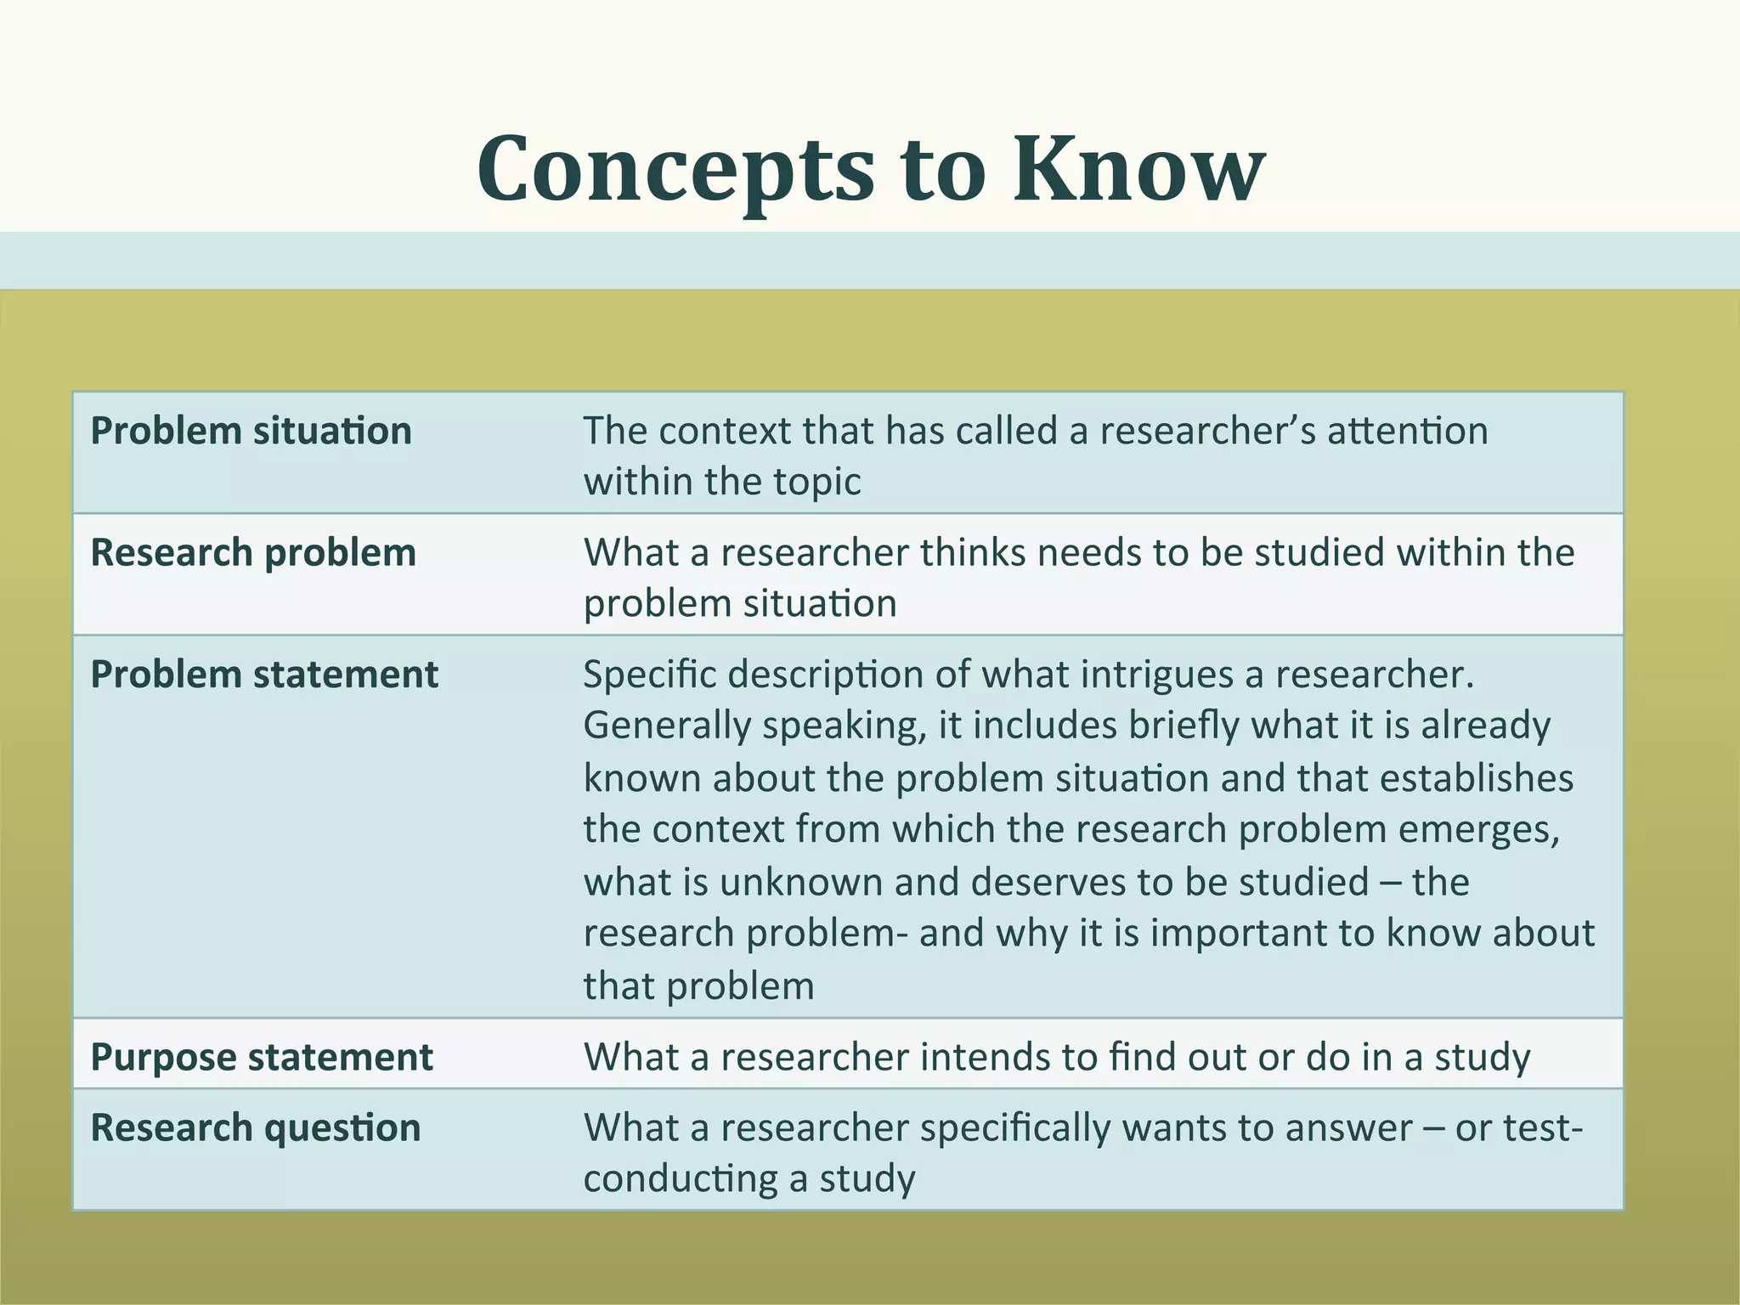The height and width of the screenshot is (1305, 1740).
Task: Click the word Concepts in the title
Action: coord(675,170)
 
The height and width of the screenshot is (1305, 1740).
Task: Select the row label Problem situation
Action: coord(251,431)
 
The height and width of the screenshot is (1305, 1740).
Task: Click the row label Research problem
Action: coord(253,553)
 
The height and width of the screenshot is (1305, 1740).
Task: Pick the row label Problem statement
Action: coord(264,675)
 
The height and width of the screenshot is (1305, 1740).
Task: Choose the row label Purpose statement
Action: coord(262,1058)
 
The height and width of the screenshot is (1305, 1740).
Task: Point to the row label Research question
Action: coord(256,1128)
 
